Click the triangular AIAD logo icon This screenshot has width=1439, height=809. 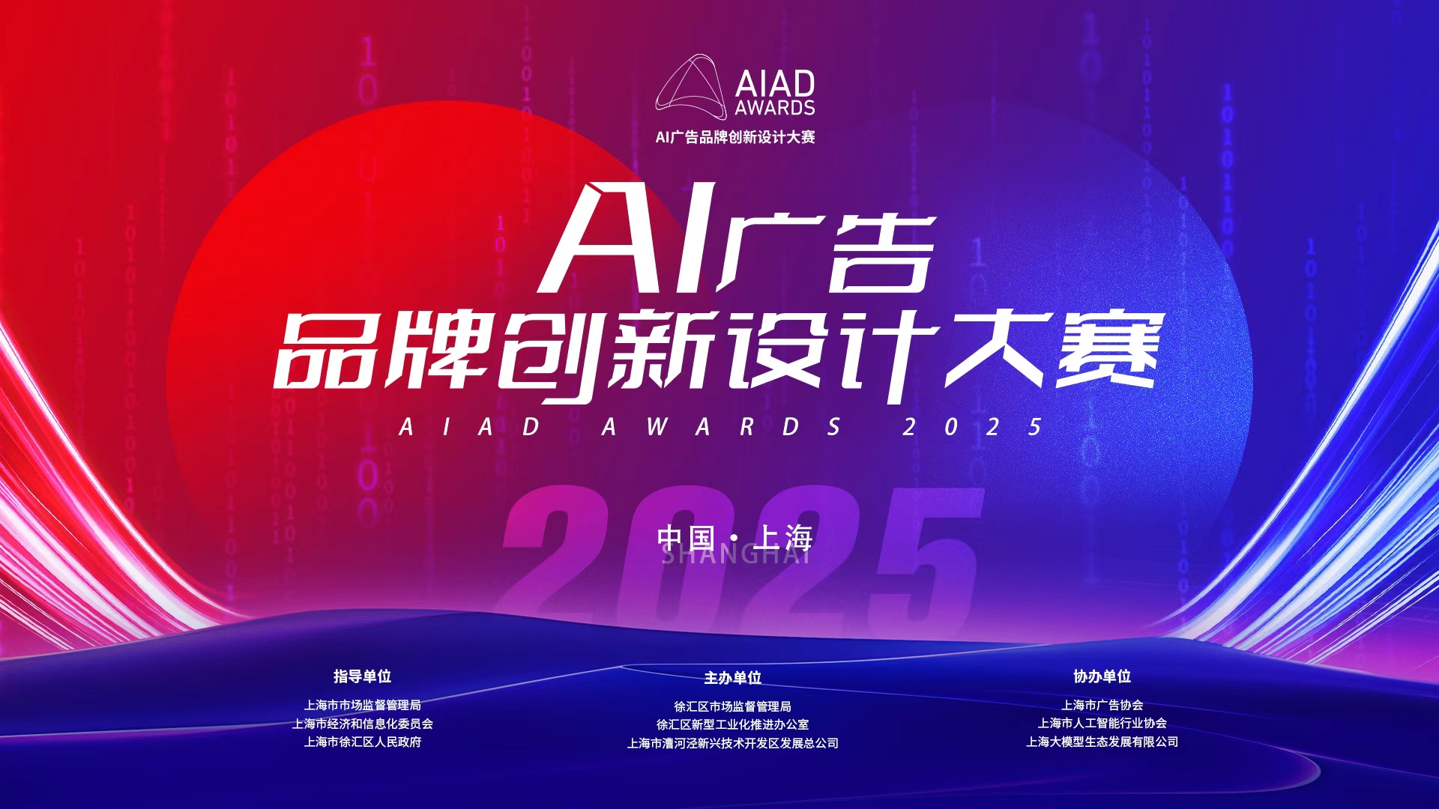[x=691, y=87]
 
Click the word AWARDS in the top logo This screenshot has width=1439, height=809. [x=774, y=108]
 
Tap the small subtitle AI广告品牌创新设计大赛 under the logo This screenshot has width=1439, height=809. [x=734, y=137]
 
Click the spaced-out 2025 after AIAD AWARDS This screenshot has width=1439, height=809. [x=972, y=427]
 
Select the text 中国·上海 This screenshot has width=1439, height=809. [x=734, y=537]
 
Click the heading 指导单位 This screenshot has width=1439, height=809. [x=362, y=676]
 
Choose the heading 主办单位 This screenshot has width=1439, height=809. [x=732, y=678]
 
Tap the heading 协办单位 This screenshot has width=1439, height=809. [x=1102, y=676]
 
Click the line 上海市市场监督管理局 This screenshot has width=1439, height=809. [x=362, y=705]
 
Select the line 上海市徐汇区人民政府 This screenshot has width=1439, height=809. [x=362, y=742]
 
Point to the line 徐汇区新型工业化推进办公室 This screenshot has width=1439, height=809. [x=732, y=724]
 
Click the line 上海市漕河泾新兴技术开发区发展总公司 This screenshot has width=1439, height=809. [x=732, y=743]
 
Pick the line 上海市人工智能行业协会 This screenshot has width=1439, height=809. [x=1102, y=723]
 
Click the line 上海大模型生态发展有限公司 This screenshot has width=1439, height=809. [x=1102, y=742]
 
